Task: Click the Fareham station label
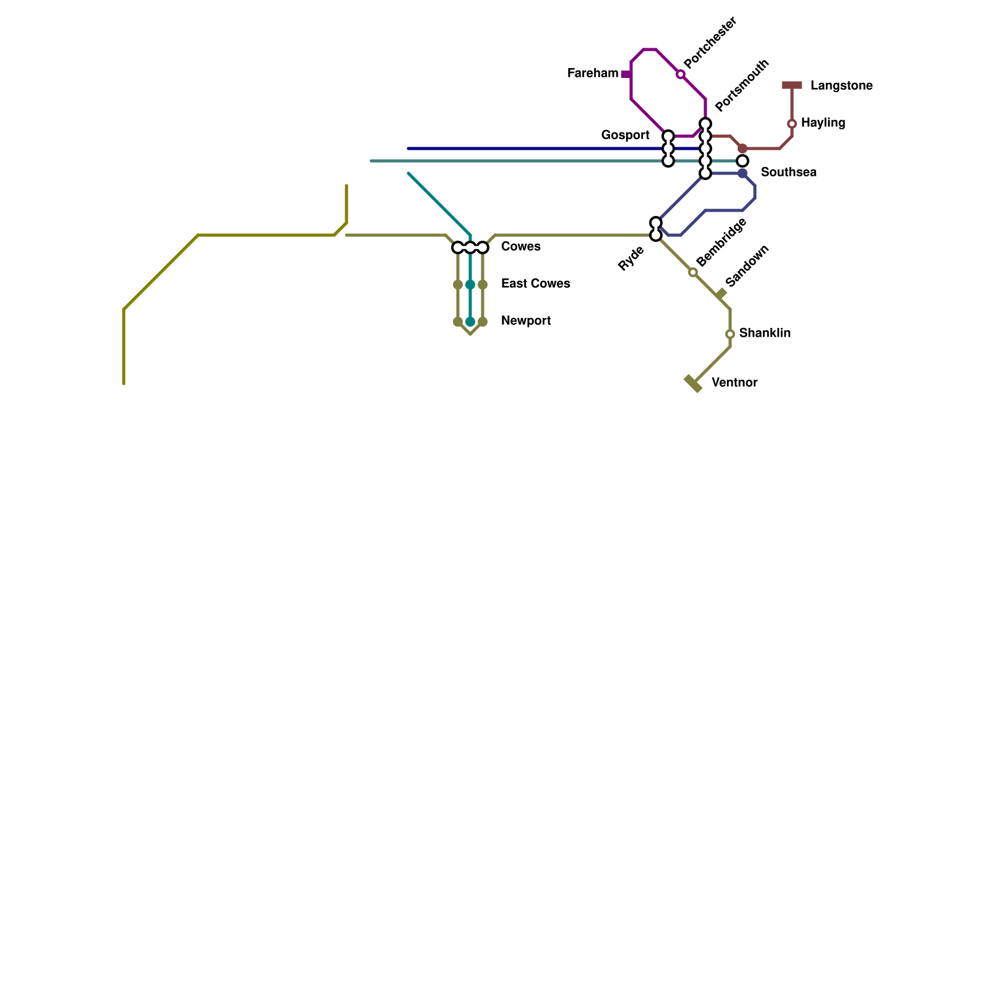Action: [x=592, y=74]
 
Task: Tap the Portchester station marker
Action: [x=681, y=74]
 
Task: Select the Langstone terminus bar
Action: [x=792, y=85]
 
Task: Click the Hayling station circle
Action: [x=792, y=124]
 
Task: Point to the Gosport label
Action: [x=625, y=136]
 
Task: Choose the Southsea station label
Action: [x=788, y=173]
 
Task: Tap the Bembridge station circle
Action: [x=693, y=272]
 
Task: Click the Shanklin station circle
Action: [x=730, y=334]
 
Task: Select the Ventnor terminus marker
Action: [x=693, y=384]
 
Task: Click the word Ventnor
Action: [x=734, y=383]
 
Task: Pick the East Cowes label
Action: [x=535, y=284]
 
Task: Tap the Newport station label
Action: [x=526, y=321]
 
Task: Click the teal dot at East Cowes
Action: [x=470, y=285]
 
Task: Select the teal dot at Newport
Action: [x=470, y=322]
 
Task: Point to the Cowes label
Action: [x=520, y=247]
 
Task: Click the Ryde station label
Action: [x=631, y=259]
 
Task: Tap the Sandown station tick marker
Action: [x=721, y=294]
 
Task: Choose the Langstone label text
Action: [x=841, y=86]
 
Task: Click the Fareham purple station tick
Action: [x=627, y=74]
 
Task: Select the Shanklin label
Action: [x=765, y=334]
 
